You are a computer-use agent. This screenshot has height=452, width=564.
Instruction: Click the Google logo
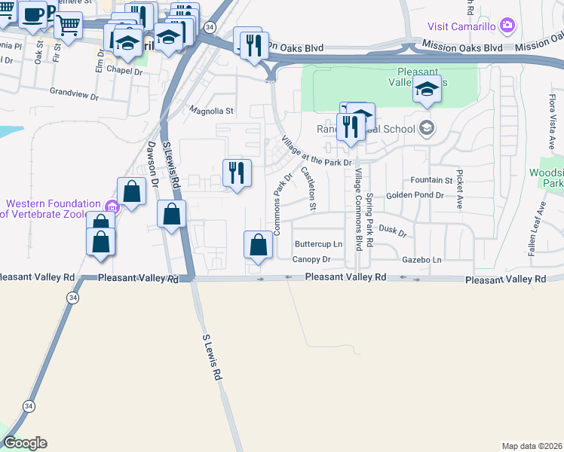[25, 443]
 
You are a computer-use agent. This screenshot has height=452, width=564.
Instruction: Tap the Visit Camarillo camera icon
[507, 26]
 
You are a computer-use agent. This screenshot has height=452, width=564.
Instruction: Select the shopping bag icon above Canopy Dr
[258, 245]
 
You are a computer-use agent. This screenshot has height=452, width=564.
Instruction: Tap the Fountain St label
[431, 181]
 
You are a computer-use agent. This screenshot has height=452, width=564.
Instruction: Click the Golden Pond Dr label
[415, 195]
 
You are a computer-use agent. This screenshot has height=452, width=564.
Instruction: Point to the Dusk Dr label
[392, 231]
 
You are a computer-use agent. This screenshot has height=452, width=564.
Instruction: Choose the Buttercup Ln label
[318, 244]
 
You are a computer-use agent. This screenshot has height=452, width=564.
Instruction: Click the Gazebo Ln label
[421, 259]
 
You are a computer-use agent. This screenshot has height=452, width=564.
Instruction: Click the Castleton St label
[308, 188]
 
